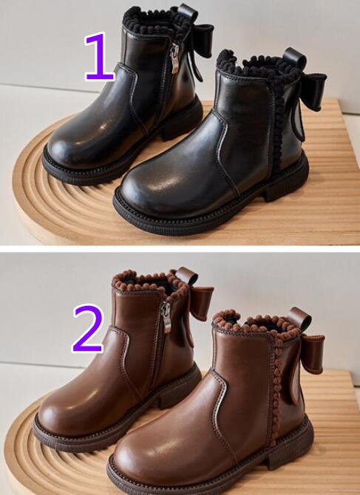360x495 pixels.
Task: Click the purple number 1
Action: (99, 56)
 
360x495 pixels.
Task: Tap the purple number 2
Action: (88, 328)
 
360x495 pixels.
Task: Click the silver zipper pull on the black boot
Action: (174, 59)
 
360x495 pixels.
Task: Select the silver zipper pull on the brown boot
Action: (166, 318)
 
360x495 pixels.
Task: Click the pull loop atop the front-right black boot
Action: (294, 58)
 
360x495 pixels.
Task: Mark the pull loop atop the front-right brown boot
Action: (299, 319)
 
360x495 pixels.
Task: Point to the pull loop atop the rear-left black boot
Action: (188, 13)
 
